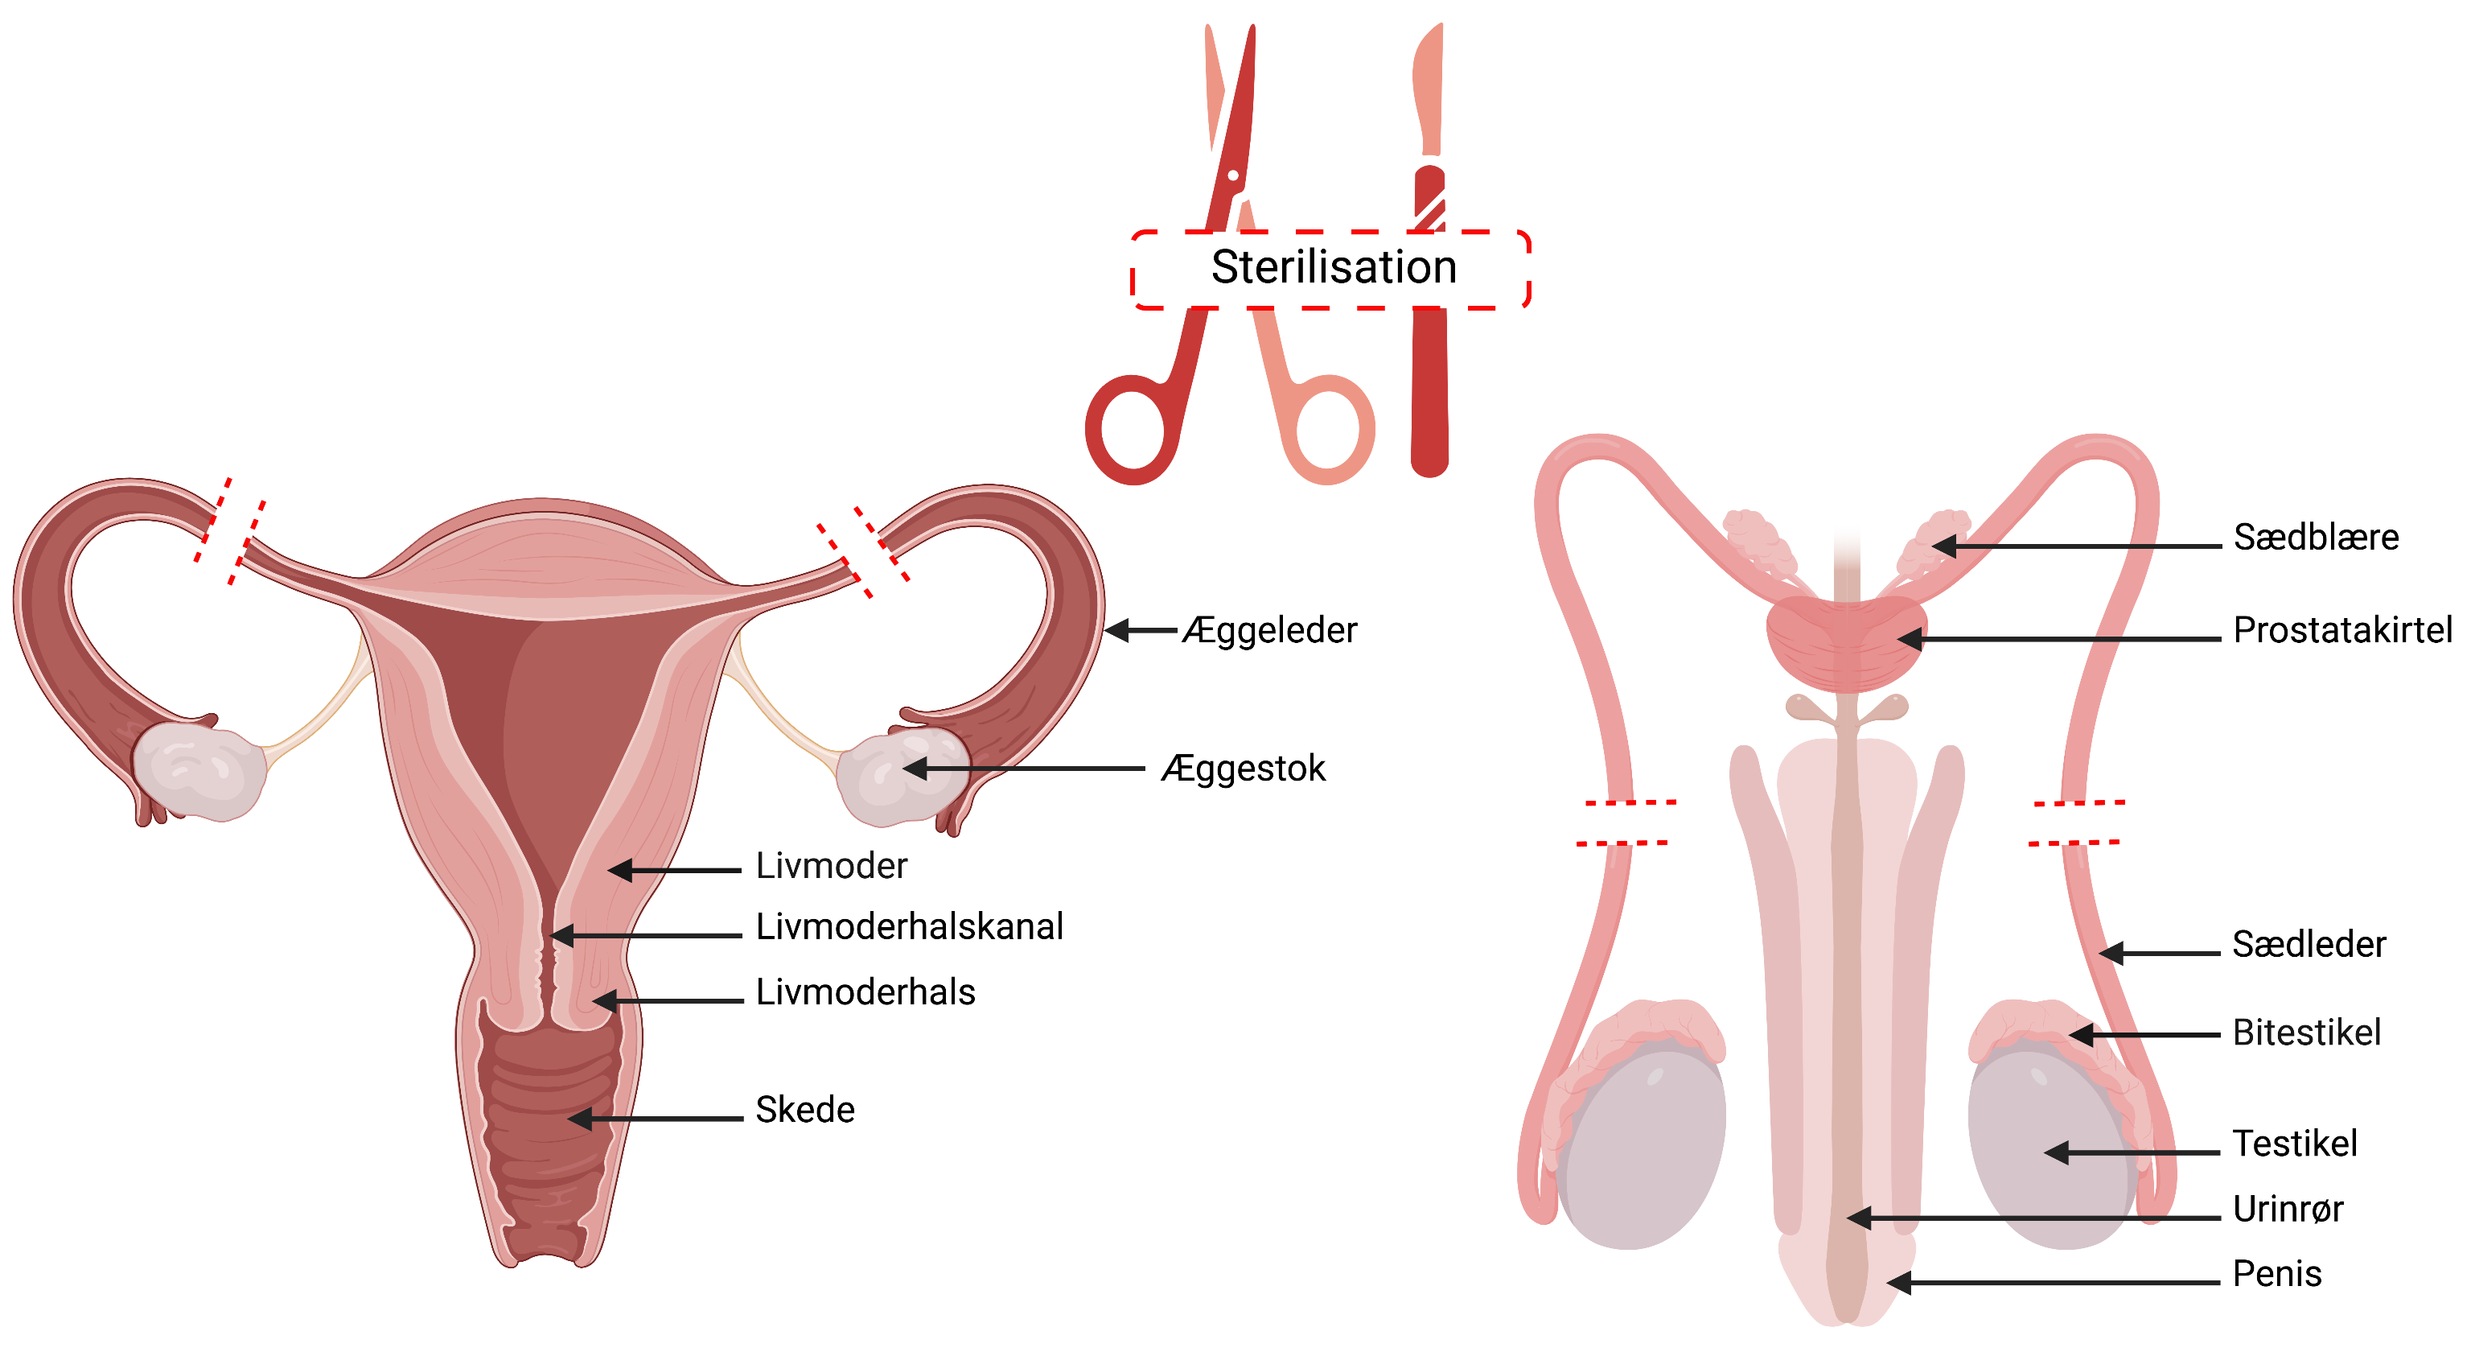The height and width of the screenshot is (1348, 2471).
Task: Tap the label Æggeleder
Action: coord(1269,630)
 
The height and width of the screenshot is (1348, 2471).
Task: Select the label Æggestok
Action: coord(1244,769)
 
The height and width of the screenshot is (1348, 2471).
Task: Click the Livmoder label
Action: coord(831,867)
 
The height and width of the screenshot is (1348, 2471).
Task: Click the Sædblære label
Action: coord(2316,538)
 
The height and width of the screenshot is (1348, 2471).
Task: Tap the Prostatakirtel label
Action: coord(2341,630)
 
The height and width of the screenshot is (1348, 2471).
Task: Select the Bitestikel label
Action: coord(2306,1033)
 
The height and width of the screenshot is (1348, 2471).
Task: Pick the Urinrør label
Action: coord(2288,1209)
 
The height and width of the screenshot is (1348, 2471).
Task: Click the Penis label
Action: coord(2277,1274)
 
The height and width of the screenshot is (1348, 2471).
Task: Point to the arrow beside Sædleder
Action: coord(2158,954)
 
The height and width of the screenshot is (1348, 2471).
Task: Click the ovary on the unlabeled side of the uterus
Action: coord(199,770)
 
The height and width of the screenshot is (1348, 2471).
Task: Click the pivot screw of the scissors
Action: coord(1234,175)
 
